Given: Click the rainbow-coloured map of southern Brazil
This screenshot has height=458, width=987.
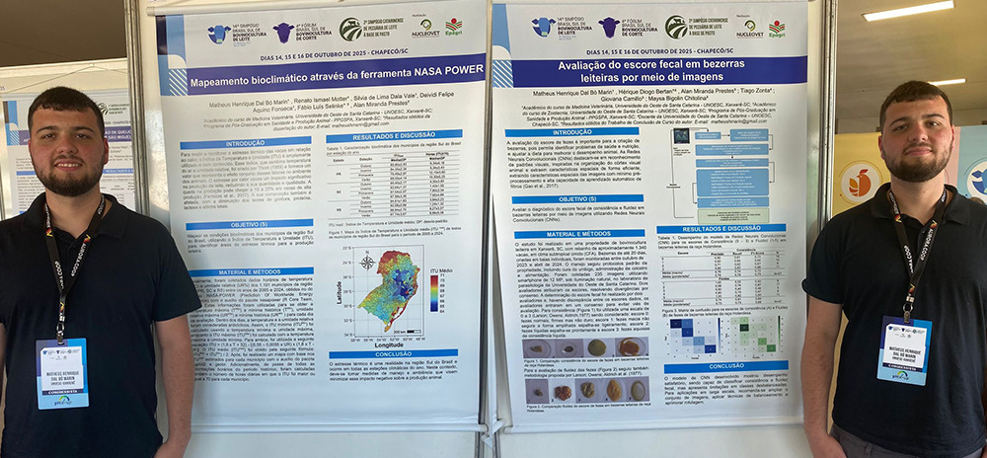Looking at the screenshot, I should pos(389,287).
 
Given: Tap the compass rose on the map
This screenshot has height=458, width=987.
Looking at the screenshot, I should pos(368,261).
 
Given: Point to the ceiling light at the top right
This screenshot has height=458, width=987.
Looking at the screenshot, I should pos(914,11).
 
